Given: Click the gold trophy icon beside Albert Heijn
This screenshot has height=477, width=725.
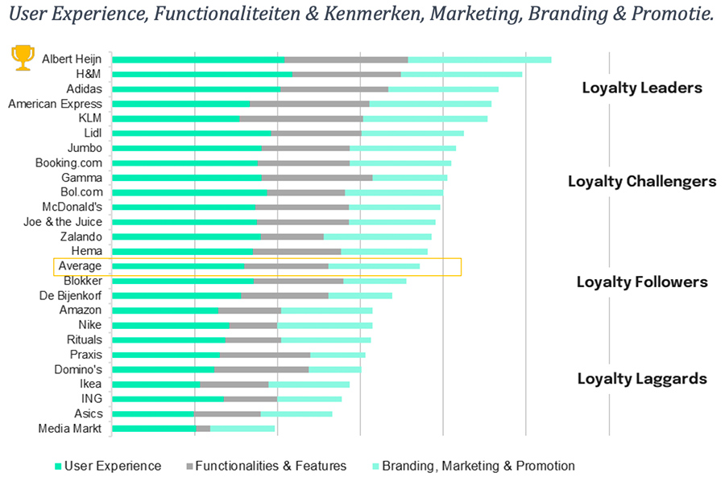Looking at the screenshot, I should (x=22, y=58).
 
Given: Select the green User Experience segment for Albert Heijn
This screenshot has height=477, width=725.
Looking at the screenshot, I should (x=198, y=60).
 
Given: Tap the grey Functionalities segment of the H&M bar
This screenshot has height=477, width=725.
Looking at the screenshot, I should (x=346, y=74).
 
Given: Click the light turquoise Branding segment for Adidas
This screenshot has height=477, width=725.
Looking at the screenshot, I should (x=443, y=88).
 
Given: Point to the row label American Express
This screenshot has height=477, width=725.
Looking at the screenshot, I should (x=55, y=104).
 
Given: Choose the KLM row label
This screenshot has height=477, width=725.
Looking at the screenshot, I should (x=89, y=118).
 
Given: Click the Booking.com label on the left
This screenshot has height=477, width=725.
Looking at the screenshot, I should (x=68, y=162).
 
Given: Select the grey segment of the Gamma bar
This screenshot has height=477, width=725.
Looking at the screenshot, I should (x=317, y=177).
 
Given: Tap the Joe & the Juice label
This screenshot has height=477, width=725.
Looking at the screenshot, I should (x=63, y=221).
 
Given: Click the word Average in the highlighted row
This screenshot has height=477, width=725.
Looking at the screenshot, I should (x=80, y=266).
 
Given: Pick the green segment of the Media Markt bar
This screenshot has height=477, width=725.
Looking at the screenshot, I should (x=154, y=429).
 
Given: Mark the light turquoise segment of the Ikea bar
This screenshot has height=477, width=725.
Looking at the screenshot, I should (x=309, y=384).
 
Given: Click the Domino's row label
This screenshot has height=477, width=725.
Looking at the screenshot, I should (x=77, y=369).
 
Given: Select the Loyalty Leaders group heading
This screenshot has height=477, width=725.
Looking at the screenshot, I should (x=642, y=88).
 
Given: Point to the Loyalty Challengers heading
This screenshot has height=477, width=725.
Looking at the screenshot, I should (x=642, y=181).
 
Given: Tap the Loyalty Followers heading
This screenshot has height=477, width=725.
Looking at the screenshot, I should (x=642, y=282).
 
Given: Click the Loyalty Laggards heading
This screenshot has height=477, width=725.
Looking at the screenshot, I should (x=642, y=379).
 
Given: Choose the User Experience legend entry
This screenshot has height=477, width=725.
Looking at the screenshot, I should (x=112, y=466).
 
